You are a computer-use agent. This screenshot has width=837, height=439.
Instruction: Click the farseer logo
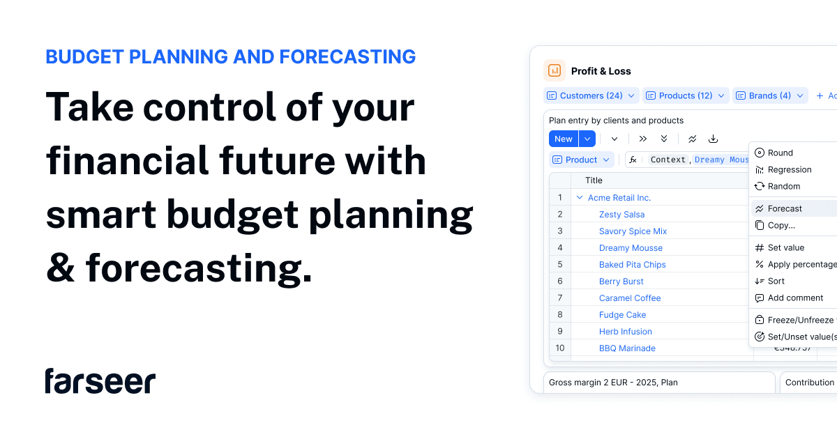100,381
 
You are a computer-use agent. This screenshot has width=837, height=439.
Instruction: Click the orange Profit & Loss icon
555,70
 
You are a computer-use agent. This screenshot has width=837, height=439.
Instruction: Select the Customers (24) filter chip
591,95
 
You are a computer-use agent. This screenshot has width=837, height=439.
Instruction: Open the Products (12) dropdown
685,95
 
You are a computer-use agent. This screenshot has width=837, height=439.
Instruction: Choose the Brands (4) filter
769,95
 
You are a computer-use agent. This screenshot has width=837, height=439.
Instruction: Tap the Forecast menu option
785,208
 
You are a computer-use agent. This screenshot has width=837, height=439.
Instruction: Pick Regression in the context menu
789,169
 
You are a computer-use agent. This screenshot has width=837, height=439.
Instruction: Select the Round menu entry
780,153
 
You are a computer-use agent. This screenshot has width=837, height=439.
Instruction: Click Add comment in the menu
795,298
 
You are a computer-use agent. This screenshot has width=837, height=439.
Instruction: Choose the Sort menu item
776,281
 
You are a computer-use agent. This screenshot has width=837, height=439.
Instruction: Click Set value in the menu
785,247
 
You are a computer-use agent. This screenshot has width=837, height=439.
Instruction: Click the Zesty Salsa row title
621,215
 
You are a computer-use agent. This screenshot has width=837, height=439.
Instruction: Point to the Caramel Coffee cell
630,298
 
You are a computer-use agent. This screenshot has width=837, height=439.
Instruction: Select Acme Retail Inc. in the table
619,198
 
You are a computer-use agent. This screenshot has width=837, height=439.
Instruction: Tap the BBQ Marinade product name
627,348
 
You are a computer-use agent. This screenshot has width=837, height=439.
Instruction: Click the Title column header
594,180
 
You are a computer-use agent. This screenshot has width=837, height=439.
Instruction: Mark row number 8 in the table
559,315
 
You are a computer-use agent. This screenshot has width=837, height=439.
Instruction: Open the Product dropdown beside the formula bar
582,160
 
